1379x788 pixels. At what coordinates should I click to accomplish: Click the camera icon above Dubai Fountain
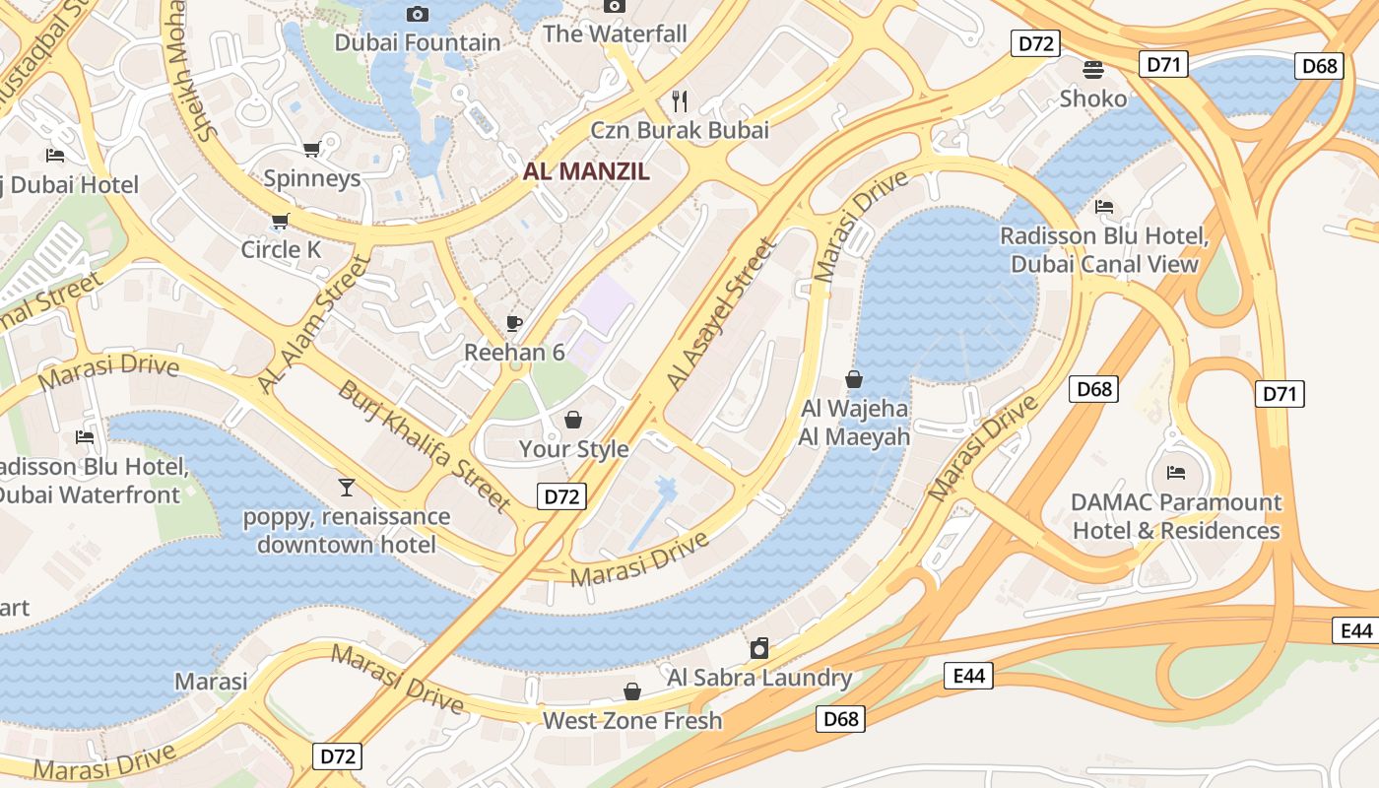[418, 14]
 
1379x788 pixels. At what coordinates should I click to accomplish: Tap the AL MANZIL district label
[586, 171]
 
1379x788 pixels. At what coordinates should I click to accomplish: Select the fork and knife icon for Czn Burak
[679, 99]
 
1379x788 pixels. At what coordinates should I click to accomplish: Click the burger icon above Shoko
[1093, 69]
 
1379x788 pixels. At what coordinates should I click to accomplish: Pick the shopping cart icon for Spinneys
[312, 149]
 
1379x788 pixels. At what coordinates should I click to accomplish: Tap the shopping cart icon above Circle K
[281, 221]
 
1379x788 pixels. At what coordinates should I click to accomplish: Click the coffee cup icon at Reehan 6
[513, 323]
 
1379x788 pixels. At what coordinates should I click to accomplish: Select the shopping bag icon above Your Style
[573, 421]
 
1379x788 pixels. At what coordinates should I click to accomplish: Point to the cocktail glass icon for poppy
[346, 487]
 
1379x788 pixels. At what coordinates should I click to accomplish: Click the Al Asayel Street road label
[721, 312]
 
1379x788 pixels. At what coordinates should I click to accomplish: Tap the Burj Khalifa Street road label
[425, 446]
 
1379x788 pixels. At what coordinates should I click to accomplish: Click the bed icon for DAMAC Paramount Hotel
[1175, 473]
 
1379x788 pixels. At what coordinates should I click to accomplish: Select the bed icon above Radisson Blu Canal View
[1104, 207]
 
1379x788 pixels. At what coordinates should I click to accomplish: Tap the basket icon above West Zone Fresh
[632, 691]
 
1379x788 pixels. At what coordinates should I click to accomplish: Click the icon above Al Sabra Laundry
[759, 648]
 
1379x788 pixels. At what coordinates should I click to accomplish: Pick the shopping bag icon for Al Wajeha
[854, 379]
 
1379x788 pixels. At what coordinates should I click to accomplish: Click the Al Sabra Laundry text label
[759, 678]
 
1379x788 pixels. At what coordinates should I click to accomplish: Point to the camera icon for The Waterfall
[615, 6]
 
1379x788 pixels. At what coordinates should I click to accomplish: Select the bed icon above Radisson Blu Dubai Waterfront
[85, 436]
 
